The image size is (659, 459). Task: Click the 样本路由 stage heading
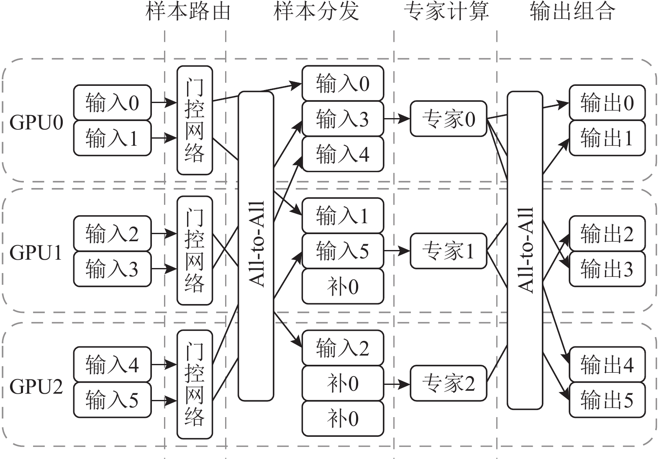click(x=188, y=11)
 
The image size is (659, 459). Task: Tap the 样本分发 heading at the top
click(x=316, y=11)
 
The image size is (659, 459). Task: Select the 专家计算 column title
click(x=446, y=11)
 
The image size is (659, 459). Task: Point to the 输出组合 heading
click(x=572, y=11)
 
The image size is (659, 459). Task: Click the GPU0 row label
click(x=36, y=123)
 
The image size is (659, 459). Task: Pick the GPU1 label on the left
click(x=36, y=253)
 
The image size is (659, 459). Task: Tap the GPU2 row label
click(x=36, y=387)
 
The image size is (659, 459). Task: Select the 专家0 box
click(x=449, y=119)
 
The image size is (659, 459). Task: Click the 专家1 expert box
click(x=449, y=251)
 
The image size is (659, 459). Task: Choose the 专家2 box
click(x=449, y=383)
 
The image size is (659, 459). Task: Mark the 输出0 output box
click(x=607, y=103)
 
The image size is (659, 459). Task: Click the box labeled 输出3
click(x=607, y=269)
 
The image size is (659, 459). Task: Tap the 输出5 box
click(x=607, y=400)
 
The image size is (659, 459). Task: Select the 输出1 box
click(x=607, y=138)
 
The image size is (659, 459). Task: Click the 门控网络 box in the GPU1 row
click(x=195, y=251)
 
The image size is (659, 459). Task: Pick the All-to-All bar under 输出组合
click(x=525, y=250)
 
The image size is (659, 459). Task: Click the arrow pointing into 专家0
click(x=397, y=119)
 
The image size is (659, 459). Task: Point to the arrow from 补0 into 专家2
click(x=397, y=384)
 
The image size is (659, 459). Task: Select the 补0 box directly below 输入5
click(x=343, y=286)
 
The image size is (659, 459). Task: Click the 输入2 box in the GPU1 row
click(x=112, y=233)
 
